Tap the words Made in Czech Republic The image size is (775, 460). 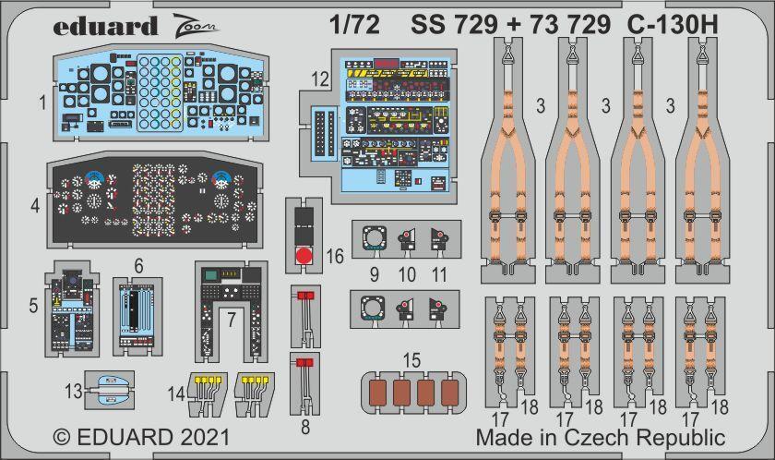(x=601, y=437)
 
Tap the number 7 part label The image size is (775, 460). (x=232, y=317)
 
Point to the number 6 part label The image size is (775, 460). (x=138, y=264)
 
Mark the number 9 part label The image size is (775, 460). (x=374, y=273)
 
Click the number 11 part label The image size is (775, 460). (x=438, y=273)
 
